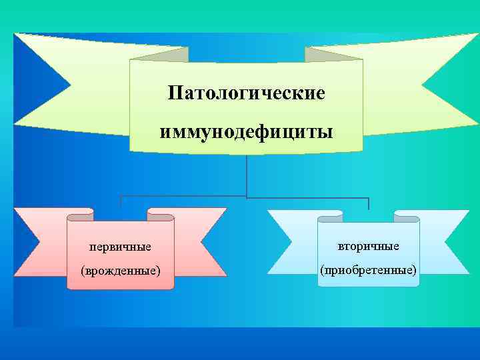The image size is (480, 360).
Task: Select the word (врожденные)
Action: (x=121, y=271)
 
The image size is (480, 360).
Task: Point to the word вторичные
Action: (x=369, y=246)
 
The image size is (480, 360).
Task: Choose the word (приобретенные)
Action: (x=369, y=271)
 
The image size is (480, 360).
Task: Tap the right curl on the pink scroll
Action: (x=160, y=215)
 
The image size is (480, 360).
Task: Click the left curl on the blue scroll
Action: (x=330, y=216)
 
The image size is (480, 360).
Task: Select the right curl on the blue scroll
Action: (x=407, y=216)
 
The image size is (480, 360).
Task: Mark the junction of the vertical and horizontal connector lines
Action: (x=247, y=197)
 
